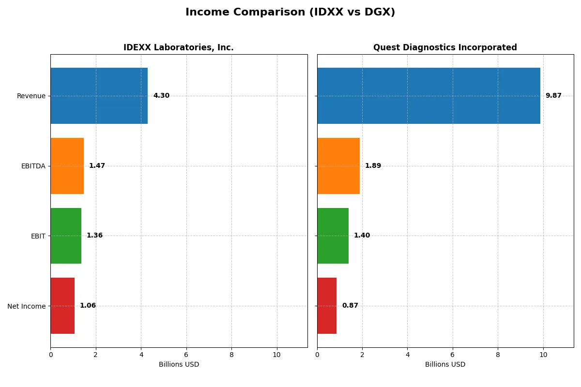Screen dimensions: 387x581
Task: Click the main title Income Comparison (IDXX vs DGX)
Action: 290,13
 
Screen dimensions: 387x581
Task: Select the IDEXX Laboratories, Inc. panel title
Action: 178,47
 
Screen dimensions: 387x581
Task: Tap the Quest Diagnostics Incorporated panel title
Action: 445,47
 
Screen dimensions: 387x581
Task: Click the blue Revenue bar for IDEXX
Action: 99,96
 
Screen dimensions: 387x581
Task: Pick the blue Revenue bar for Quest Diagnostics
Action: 428,96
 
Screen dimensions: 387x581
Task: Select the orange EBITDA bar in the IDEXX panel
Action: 67,166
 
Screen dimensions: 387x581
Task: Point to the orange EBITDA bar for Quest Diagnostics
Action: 338,166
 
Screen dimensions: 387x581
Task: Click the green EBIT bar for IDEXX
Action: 66,236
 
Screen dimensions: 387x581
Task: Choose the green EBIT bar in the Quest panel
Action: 333,236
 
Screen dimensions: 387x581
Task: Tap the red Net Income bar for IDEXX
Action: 62,306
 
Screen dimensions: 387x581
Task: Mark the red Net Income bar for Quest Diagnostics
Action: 327,306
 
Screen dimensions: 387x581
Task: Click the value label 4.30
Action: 161,96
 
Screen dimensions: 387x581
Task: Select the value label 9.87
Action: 553,96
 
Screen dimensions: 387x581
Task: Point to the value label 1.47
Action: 97,166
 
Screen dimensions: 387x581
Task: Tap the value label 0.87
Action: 350,306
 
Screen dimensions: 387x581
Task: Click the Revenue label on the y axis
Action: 31,96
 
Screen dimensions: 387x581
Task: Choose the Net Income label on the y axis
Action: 27,306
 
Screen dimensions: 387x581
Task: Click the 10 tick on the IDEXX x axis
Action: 277,355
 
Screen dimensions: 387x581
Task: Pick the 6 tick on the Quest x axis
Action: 453,355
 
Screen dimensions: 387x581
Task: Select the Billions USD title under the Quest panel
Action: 445,364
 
